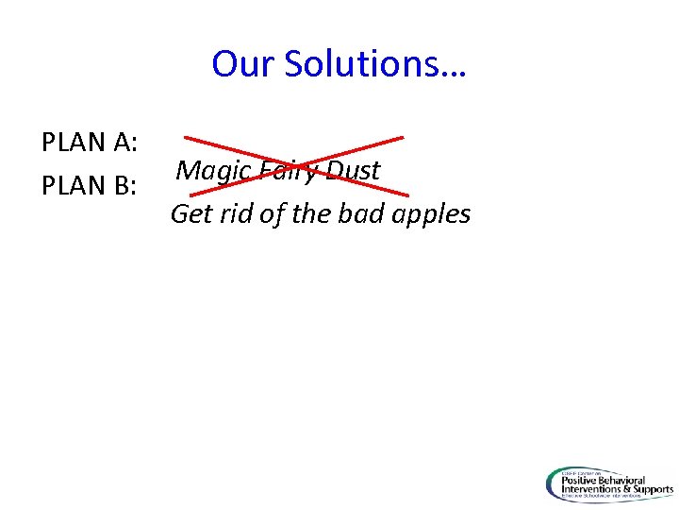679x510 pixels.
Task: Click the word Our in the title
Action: pyautogui.click(x=243, y=64)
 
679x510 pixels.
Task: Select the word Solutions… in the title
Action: pyautogui.click(x=375, y=64)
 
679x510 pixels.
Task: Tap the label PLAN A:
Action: pyautogui.click(x=91, y=144)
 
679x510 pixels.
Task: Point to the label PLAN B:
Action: pyautogui.click(x=91, y=186)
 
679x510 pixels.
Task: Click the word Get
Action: pyautogui.click(x=191, y=214)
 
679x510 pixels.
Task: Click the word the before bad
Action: pyautogui.click(x=310, y=214)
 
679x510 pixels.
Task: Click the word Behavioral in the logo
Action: pyautogui.click(x=639, y=479)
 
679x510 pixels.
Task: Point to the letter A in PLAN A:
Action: pyautogui.click(x=123, y=144)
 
